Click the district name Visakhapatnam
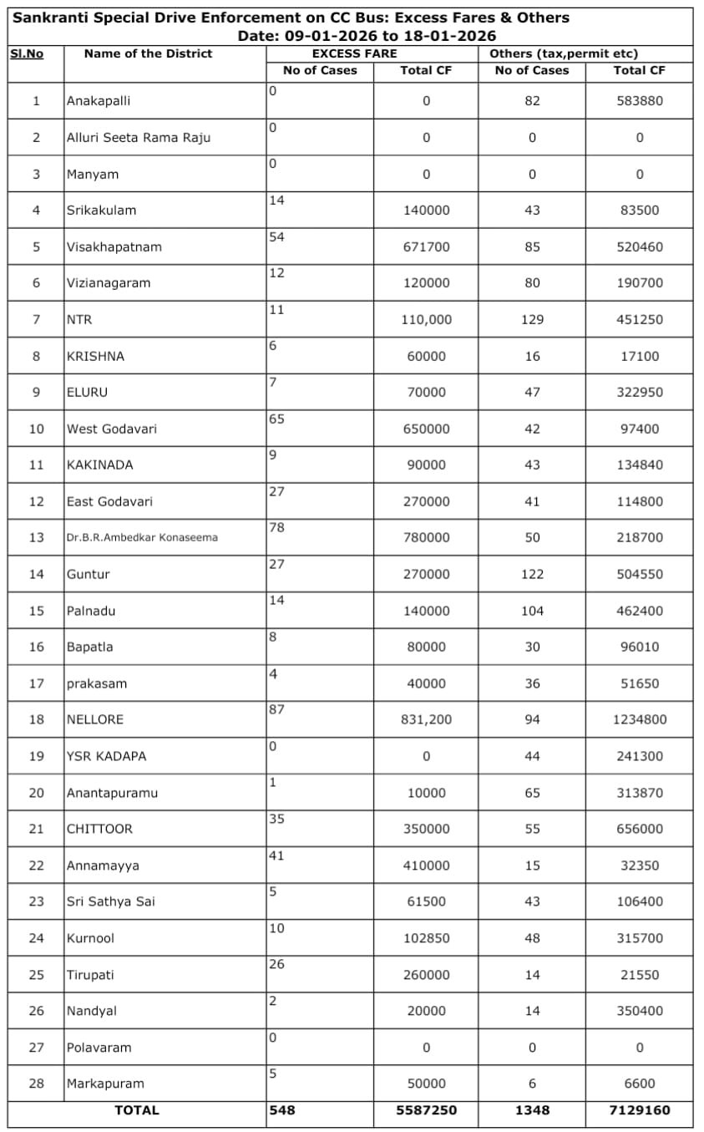114,247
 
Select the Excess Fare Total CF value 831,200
426,719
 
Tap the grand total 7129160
640,1110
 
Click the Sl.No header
27,53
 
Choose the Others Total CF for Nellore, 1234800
640,719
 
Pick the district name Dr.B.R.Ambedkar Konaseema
142,538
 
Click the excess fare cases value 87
277,709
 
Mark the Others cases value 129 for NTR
532,320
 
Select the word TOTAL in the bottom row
137,1110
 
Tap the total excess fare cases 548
282,1110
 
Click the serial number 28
36,1084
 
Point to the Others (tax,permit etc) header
564,53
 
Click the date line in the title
367,36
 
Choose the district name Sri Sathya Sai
110,902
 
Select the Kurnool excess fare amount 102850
426,938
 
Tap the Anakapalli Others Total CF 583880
640,101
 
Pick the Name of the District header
148,53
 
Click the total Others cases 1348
532,1110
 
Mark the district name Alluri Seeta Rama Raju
139,138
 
